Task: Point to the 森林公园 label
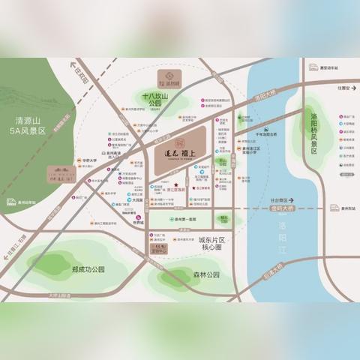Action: click(x=204, y=274)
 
